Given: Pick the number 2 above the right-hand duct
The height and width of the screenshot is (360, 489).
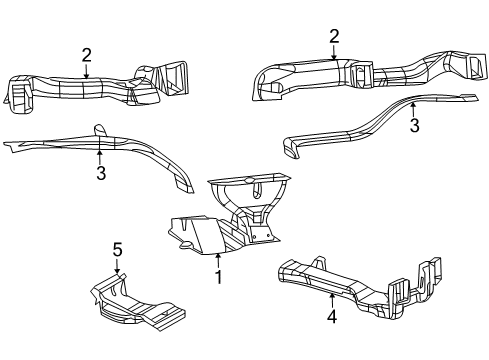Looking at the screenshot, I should point(334,36).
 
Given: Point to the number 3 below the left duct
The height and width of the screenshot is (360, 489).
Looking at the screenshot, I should point(100,173).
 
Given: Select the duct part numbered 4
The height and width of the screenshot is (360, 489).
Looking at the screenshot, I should point(360,284).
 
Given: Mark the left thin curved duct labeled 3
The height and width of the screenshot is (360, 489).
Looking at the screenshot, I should point(100,150).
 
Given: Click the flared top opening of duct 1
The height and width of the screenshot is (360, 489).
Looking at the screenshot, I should point(250,186).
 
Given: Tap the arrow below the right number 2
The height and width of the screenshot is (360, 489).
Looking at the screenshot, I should point(334,52).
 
